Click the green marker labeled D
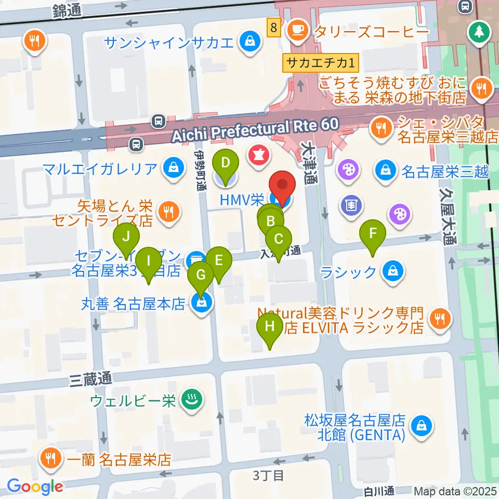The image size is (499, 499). tap(225, 163)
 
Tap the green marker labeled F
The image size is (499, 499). tap(373, 233)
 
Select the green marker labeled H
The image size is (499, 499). tap(270, 327)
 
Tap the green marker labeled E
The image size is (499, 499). tap(219, 260)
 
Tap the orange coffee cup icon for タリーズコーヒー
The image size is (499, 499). tap(297, 27)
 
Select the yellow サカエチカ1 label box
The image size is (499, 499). tap(321, 64)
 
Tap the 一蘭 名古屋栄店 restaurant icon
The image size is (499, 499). tap(51, 458)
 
